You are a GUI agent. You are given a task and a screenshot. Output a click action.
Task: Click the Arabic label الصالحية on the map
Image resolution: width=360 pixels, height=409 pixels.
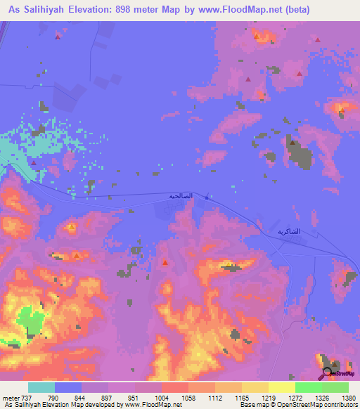pyautogui.click(x=180, y=196)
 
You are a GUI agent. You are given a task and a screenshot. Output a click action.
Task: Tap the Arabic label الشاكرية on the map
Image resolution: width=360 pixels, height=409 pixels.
pyautogui.click(x=288, y=231)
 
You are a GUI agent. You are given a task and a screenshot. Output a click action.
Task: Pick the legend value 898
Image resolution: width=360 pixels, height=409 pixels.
pyautogui.click(x=94, y=398)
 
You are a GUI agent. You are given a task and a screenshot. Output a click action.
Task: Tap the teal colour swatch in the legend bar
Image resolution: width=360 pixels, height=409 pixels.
pyautogui.click(x=41, y=387)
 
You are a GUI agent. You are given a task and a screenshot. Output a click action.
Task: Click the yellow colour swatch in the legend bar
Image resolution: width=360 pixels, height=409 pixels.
pyautogui.click(x=281, y=387)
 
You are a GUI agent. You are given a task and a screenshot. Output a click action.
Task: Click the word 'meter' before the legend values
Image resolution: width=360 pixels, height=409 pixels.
pyautogui.click(x=10, y=398)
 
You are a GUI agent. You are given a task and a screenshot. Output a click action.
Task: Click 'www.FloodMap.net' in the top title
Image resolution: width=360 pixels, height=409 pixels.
pyautogui.click(x=231, y=11)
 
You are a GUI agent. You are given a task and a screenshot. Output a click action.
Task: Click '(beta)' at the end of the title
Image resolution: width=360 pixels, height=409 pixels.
pyautogui.click(x=293, y=11)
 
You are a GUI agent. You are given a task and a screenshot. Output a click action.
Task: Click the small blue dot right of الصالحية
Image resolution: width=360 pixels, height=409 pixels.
pyautogui.click(x=206, y=197)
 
